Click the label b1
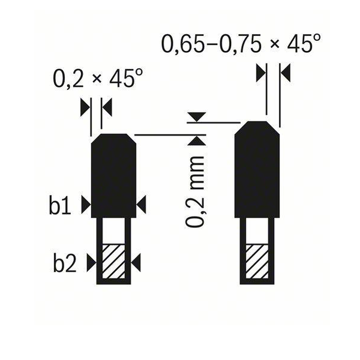coord(60,205)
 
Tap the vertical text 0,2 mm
coord(194,192)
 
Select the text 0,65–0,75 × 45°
coord(241,44)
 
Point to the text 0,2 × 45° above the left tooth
coord(98,79)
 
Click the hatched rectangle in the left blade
coord(113,261)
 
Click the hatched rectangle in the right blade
coord(257,261)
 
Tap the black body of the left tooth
coord(113,176)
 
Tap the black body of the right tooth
coord(257,169)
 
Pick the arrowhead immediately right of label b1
coord(86,205)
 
